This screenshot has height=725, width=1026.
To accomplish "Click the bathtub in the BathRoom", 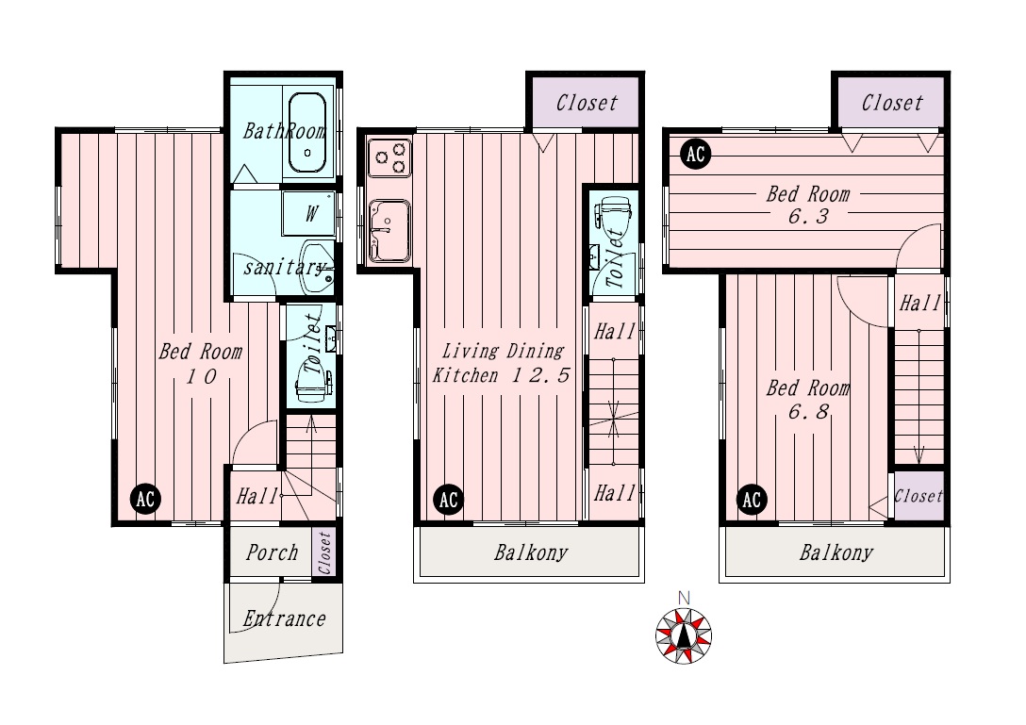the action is (306, 133).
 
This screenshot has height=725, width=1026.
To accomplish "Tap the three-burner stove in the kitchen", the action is (389, 157).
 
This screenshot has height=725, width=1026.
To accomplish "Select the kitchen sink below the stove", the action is (389, 231).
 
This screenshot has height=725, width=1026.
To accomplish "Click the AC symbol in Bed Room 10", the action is (144, 500).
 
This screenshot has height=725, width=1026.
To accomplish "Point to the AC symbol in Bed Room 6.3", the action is (695, 154).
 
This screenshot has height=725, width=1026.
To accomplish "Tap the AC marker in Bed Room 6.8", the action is (752, 500).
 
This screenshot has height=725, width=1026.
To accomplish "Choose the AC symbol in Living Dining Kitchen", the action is (448, 500).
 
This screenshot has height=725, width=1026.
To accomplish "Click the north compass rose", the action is (684, 635).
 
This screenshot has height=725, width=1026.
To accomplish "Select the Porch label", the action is (272, 552).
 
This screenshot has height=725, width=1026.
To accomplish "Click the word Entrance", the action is (284, 618).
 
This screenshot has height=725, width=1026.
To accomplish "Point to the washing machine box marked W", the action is (309, 213).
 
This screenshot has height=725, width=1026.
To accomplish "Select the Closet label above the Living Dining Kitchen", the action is (587, 103).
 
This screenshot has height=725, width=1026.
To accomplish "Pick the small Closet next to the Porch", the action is (325, 552).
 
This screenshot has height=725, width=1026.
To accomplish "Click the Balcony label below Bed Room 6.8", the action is (836, 552).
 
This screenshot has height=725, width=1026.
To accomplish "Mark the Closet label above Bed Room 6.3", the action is (892, 103).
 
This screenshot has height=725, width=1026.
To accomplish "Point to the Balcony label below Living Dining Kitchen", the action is (531, 552).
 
